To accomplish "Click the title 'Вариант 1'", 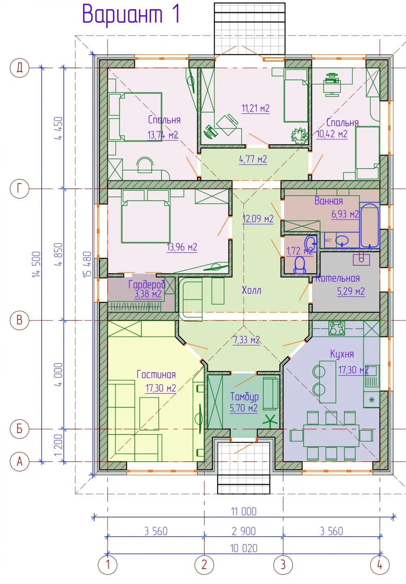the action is click(131, 14).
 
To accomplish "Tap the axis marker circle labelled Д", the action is click(19, 68).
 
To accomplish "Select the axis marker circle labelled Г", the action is click(19, 188).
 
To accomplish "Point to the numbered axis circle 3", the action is click(283, 565).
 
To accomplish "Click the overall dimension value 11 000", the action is click(244, 511).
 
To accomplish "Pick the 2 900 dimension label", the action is click(244, 531).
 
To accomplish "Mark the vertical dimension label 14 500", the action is click(36, 264).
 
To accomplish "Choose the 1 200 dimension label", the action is click(59, 445).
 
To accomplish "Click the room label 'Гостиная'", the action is click(156, 375).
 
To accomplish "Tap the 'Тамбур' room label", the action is click(244, 397).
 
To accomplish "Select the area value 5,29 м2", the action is click(351, 291).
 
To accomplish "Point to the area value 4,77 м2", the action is click(253, 159).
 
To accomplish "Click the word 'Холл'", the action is click(251, 290).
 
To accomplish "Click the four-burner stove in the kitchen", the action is click(337, 328).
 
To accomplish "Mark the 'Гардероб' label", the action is click(147, 284).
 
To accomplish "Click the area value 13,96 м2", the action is click(182, 247).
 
